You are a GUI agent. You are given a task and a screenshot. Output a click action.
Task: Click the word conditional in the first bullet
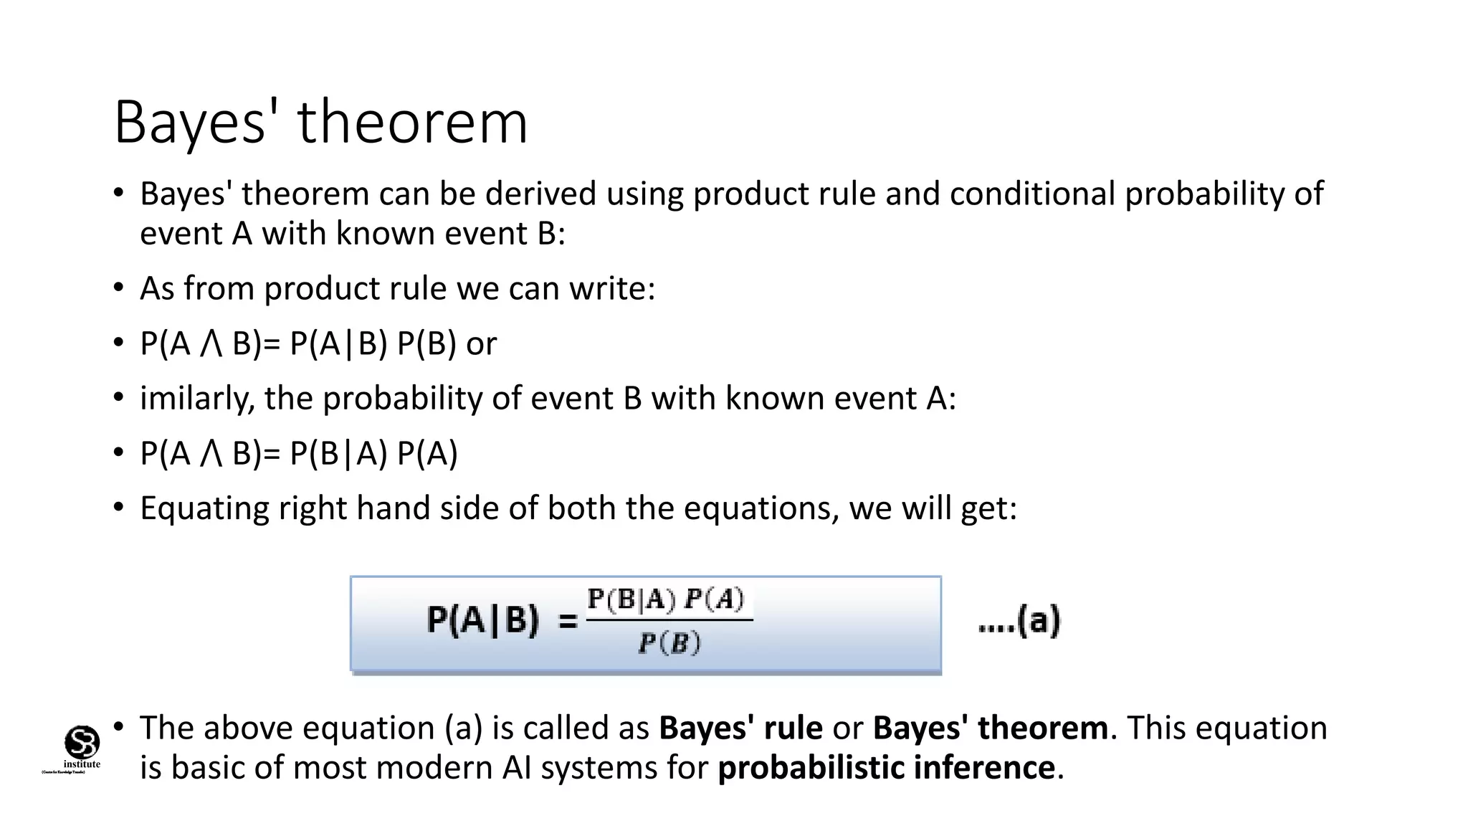(1032, 194)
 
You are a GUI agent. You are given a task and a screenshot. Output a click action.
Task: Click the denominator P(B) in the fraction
(669, 643)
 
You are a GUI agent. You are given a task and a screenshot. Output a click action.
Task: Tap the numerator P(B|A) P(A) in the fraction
(666, 599)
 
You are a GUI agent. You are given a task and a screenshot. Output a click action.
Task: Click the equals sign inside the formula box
(568, 622)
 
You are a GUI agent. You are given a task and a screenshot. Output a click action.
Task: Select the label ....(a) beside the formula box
(1019, 621)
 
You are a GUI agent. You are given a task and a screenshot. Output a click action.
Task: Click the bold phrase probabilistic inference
(886, 768)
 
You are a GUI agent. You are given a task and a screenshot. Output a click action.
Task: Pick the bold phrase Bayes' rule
(740, 728)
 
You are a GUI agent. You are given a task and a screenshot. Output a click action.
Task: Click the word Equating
(204, 508)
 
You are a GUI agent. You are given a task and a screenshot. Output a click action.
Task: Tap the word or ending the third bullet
(481, 344)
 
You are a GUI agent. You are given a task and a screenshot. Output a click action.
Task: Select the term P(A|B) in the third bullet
(338, 344)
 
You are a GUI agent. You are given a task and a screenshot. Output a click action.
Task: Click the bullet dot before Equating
(119, 507)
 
